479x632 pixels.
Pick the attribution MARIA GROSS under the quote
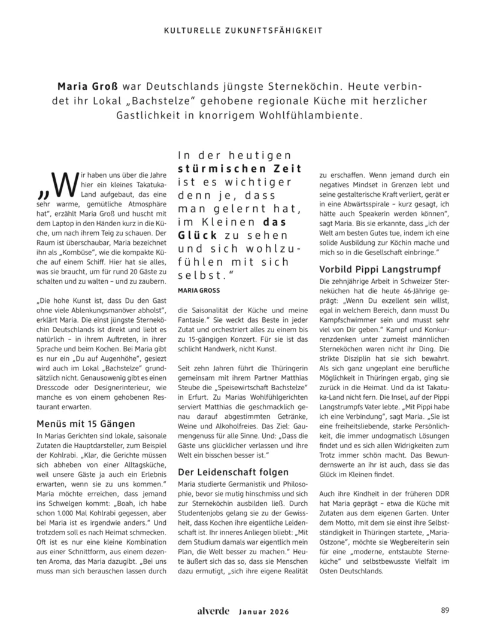click(199, 290)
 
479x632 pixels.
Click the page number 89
click(445, 610)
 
